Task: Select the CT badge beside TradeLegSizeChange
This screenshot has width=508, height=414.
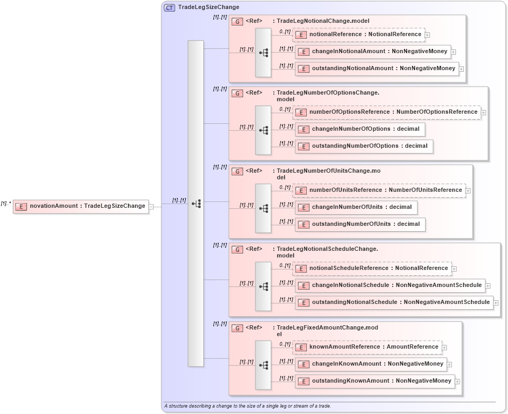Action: pyautogui.click(x=170, y=7)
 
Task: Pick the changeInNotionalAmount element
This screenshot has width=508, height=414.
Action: pyautogui.click(x=373, y=52)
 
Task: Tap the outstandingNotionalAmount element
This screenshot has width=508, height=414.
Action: pyautogui.click(x=377, y=69)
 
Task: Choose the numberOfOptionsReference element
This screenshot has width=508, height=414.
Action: pyautogui.click(x=386, y=112)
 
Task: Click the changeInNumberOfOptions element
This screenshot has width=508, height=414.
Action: pyautogui.click(x=359, y=129)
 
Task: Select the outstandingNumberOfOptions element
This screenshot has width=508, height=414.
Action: pyautogui.click(x=364, y=146)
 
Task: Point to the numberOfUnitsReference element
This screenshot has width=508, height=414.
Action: pyautogui.click(x=379, y=190)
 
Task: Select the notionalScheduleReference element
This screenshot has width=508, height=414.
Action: pyautogui.click(x=372, y=268)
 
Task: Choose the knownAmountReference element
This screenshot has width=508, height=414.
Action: pyautogui.click(x=367, y=347)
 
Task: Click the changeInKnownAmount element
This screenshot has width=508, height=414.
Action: pyautogui.click(x=371, y=364)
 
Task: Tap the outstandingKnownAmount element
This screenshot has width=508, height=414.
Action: pyautogui.click(x=375, y=381)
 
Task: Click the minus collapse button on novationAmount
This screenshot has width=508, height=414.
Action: pyautogui.click(x=151, y=207)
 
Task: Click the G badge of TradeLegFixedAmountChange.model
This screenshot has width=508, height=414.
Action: pyautogui.click(x=237, y=328)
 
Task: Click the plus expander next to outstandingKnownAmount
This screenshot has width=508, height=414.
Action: pyautogui.click(x=458, y=382)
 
